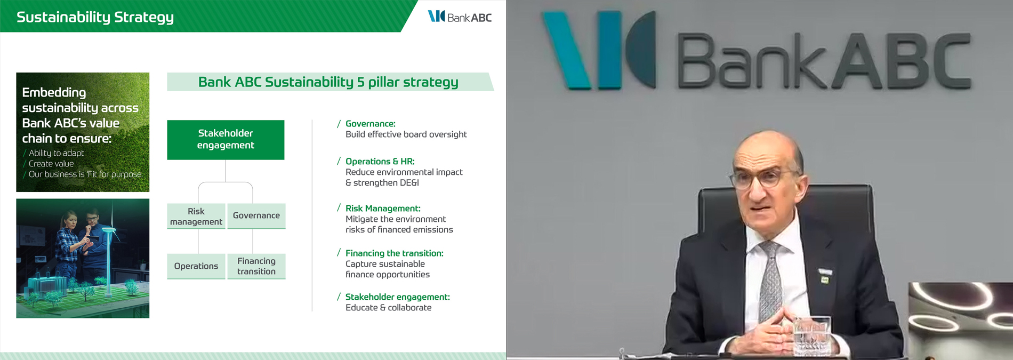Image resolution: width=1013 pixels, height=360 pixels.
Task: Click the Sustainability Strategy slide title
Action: (x=95, y=17)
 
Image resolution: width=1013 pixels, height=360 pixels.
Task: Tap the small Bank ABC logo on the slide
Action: (x=460, y=17)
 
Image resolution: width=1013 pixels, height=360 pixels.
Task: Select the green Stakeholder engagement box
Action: (x=226, y=140)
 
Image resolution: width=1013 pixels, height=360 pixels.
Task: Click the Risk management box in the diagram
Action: (x=196, y=216)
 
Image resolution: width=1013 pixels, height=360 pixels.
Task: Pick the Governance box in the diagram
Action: (x=256, y=216)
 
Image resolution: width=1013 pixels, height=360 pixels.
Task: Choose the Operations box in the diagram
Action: (x=196, y=266)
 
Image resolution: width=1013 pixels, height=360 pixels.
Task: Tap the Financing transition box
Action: (x=256, y=266)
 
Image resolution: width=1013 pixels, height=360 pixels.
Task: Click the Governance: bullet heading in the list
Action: (x=371, y=124)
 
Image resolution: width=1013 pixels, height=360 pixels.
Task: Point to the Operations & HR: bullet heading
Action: (x=380, y=161)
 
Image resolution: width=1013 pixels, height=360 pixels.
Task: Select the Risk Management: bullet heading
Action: (x=383, y=209)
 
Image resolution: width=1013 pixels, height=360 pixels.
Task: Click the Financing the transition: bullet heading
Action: (x=395, y=253)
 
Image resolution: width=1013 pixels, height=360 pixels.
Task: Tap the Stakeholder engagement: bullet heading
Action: (x=398, y=297)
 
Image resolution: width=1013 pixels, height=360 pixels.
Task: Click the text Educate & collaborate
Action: (x=389, y=308)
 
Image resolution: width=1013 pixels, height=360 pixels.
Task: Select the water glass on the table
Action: (x=811, y=336)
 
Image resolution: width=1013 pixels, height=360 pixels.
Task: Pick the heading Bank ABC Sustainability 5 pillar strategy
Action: (x=328, y=82)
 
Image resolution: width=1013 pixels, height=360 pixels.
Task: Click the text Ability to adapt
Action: (x=57, y=153)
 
